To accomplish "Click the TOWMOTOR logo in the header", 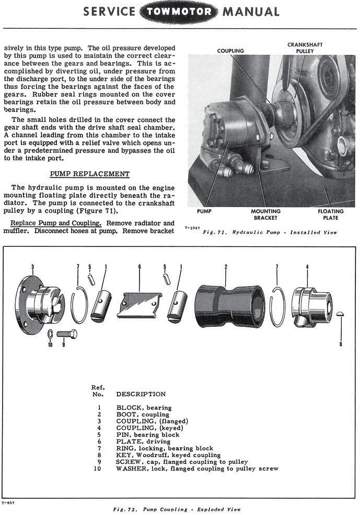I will click(x=179, y=12).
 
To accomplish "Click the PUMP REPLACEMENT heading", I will click(x=89, y=174).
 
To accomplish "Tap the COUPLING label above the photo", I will click(x=230, y=51).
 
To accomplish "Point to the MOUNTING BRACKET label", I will click(x=265, y=214).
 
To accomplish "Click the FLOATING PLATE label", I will click(x=331, y=214).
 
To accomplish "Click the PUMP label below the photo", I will click(x=204, y=211).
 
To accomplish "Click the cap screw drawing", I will click(x=66, y=333).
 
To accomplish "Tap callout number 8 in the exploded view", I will click(x=341, y=345).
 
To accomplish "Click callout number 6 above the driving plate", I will click(x=140, y=267).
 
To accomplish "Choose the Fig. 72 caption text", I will click(x=177, y=509).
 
